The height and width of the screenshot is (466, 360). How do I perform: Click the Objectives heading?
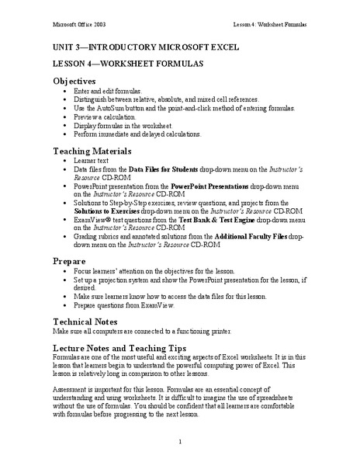[74, 81]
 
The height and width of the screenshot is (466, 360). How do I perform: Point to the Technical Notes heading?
[90, 320]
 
